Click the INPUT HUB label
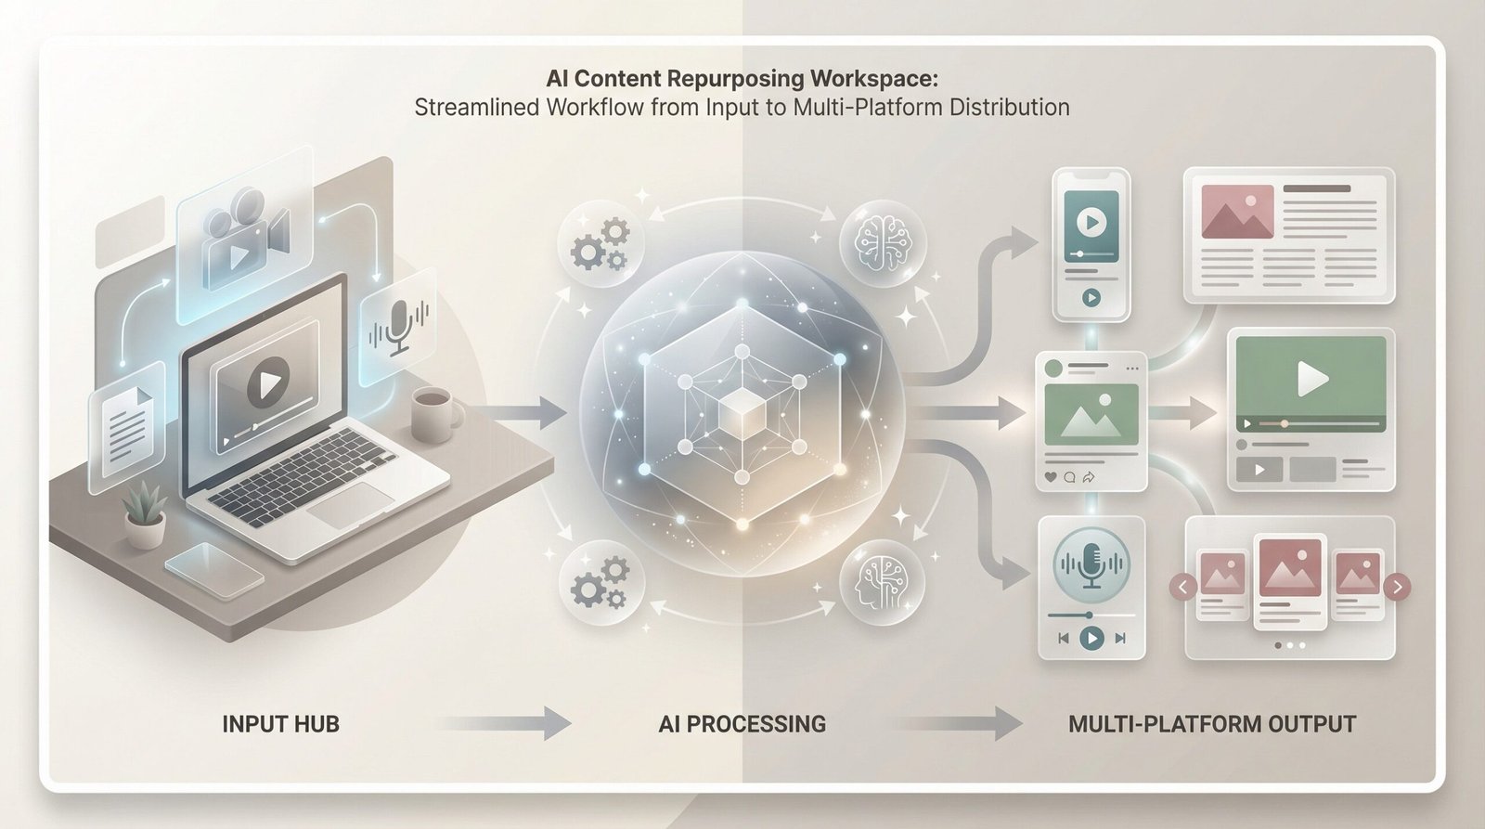(x=280, y=724)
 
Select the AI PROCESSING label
(x=742, y=724)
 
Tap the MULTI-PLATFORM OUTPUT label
(x=1211, y=724)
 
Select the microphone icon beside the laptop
(x=399, y=328)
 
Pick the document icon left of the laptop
(x=126, y=426)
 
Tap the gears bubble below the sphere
(x=600, y=583)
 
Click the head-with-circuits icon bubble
(x=882, y=583)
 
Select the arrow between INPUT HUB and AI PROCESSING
(x=505, y=723)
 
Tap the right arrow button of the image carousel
(x=1397, y=587)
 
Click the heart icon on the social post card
(x=1052, y=477)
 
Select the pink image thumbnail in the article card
(x=1237, y=212)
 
